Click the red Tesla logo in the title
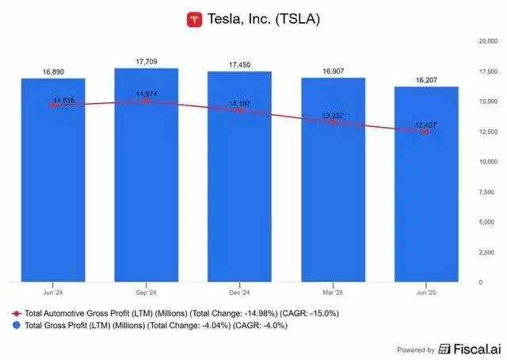(194, 18)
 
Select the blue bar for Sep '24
(146, 174)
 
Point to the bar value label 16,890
(53, 72)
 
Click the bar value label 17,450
(238, 66)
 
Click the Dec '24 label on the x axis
(238, 292)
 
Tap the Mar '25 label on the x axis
(332, 292)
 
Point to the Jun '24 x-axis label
(53, 292)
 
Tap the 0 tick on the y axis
(480, 282)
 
